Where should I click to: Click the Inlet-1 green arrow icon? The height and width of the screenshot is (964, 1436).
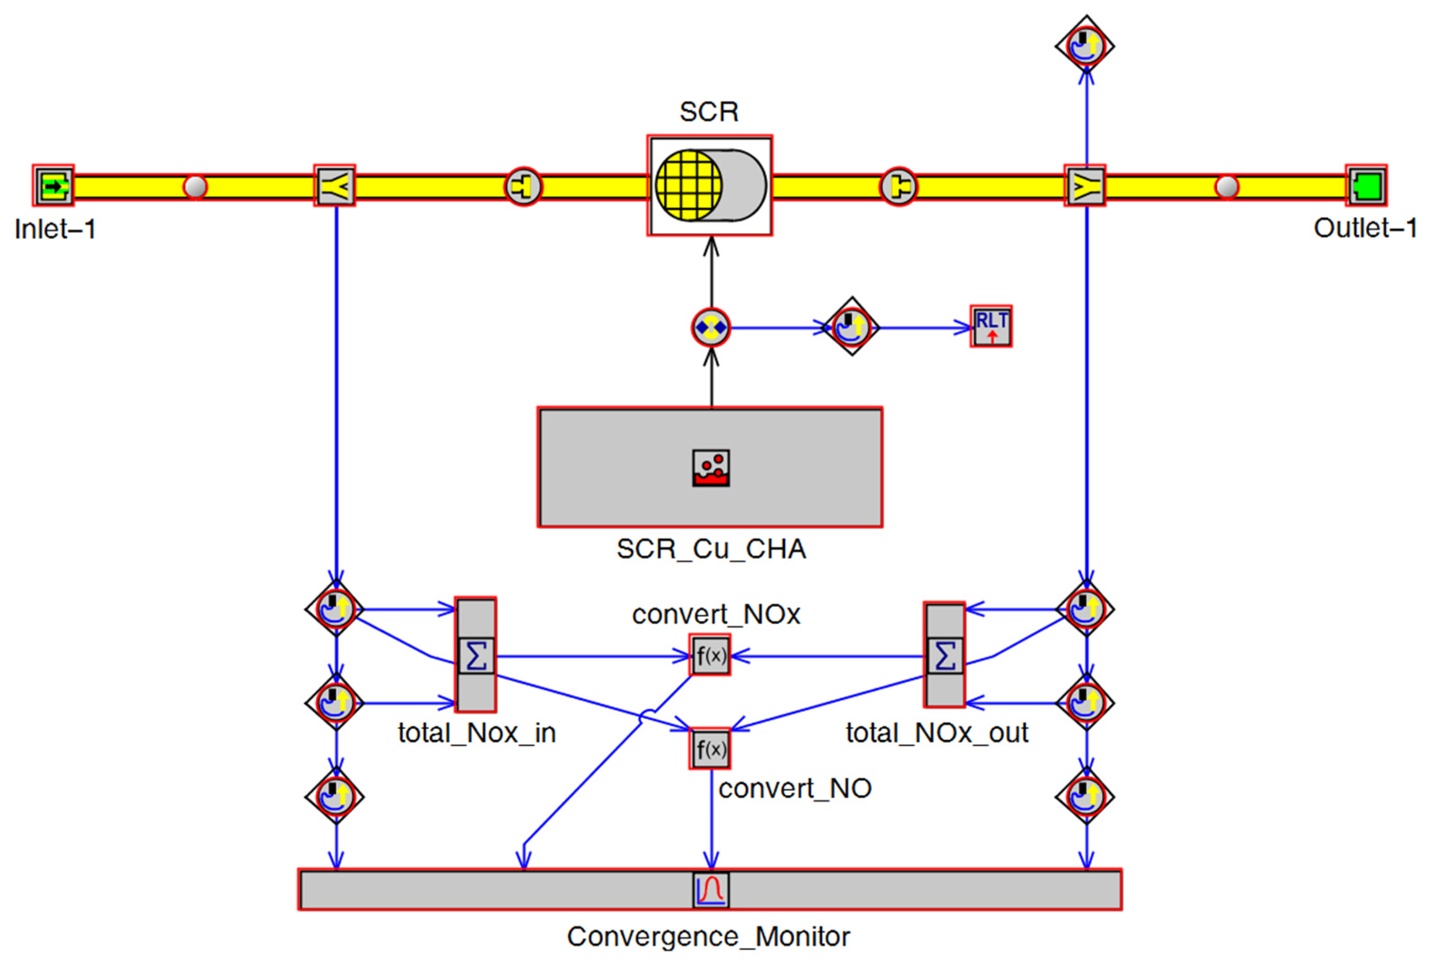coord(54,186)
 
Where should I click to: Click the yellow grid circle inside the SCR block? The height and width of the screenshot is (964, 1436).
coord(689,185)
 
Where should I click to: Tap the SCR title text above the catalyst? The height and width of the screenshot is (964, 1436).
coord(709,112)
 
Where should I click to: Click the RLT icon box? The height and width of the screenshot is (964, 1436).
coord(991,326)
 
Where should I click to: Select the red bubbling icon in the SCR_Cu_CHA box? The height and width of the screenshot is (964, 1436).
coord(711,468)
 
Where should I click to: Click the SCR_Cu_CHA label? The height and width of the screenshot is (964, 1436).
coord(711,549)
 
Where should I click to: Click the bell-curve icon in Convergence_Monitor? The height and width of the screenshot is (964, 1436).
coord(711,890)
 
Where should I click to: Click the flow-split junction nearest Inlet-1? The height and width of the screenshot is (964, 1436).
coord(335,186)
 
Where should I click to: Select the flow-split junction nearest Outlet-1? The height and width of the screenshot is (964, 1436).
coord(1085,186)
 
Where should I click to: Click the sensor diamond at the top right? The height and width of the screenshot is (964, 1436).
coord(1085,45)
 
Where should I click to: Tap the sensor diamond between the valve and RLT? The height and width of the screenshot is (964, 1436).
coord(852,326)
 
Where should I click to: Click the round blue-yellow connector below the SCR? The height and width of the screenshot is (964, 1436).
coord(711,328)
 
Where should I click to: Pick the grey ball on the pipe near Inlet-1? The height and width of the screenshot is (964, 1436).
coord(196,186)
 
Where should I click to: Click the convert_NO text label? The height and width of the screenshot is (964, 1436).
coord(795,788)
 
